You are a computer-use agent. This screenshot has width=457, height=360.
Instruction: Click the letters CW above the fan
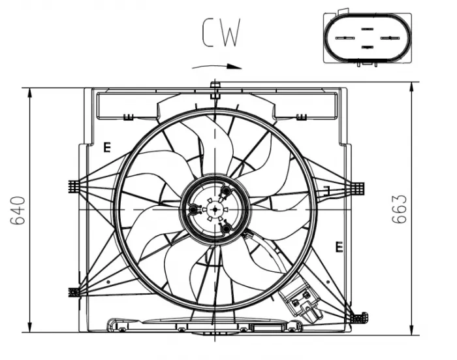[x=221, y=33]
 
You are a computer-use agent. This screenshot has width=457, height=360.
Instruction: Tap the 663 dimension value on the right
[x=399, y=209]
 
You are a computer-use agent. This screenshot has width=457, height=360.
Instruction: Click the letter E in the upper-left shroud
[x=106, y=147]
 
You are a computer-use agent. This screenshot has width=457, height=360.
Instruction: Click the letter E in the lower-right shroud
[x=339, y=246]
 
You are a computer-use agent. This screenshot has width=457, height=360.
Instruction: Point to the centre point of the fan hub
[x=215, y=208]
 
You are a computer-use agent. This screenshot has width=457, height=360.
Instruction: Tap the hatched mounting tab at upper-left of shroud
[x=74, y=187]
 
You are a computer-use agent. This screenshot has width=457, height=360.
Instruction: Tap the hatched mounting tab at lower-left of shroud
[x=74, y=292]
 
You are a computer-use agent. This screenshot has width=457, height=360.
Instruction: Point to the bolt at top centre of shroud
[x=215, y=87]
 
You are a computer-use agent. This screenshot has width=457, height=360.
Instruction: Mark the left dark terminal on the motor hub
[x=194, y=210]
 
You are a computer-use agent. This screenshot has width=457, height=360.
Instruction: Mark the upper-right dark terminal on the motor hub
[x=226, y=191]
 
